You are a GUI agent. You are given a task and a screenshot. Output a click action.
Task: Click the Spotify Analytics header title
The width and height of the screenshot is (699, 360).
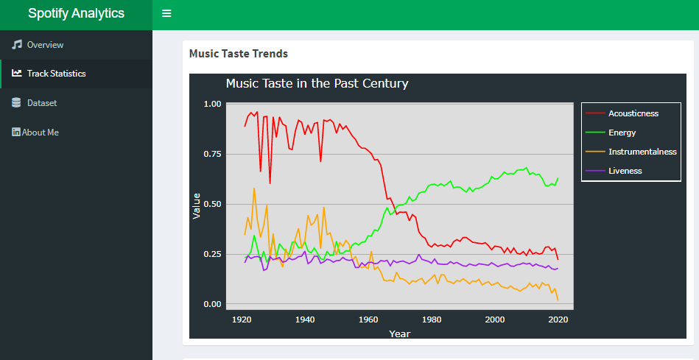[x=76, y=13]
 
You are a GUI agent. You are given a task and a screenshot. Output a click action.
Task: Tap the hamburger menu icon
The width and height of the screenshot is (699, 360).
[x=166, y=14]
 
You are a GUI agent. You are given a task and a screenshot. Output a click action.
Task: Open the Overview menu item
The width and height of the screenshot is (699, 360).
[x=45, y=45]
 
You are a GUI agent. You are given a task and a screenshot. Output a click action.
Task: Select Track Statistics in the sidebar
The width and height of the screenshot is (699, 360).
[x=56, y=74]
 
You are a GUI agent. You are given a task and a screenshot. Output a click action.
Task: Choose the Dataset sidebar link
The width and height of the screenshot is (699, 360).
[x=42, y=103]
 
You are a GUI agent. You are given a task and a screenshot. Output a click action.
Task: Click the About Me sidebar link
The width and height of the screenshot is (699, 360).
[x=41, y=133]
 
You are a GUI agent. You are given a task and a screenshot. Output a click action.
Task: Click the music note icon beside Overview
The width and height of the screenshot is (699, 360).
[x=17, y=45]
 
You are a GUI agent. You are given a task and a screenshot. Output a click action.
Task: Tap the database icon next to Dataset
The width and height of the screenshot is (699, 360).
[x=17, y=103]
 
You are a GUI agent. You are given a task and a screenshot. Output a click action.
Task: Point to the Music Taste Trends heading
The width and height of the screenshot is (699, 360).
[x=238, y=54]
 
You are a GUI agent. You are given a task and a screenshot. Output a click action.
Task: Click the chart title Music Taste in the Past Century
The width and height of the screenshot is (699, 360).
[x=317, y=84]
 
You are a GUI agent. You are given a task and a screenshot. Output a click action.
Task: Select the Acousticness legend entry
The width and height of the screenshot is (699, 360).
[x=633, y=113]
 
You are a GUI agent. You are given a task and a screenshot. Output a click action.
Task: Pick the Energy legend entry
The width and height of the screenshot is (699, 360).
[x=622, y=133]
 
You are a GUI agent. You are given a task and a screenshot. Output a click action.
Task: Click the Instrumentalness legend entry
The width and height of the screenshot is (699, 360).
[x=642, y=152]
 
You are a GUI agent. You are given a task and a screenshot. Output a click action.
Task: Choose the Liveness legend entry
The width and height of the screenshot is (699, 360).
[x=625, y=171]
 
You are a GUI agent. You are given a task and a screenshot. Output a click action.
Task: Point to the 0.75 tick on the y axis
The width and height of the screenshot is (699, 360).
[x=211, y=154]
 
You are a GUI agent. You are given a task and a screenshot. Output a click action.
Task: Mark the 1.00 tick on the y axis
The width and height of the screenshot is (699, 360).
[x=211, y=104]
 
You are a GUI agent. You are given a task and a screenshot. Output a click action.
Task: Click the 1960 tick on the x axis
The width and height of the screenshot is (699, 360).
[x=368, y=320]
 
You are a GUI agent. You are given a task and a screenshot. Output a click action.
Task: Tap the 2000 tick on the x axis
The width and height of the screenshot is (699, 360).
[x=495, y=320]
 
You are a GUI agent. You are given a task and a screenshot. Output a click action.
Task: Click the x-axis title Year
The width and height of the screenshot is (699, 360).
[x=399, y=333]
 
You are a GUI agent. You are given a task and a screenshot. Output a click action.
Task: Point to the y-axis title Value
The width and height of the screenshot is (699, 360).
[x=196, y=205]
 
